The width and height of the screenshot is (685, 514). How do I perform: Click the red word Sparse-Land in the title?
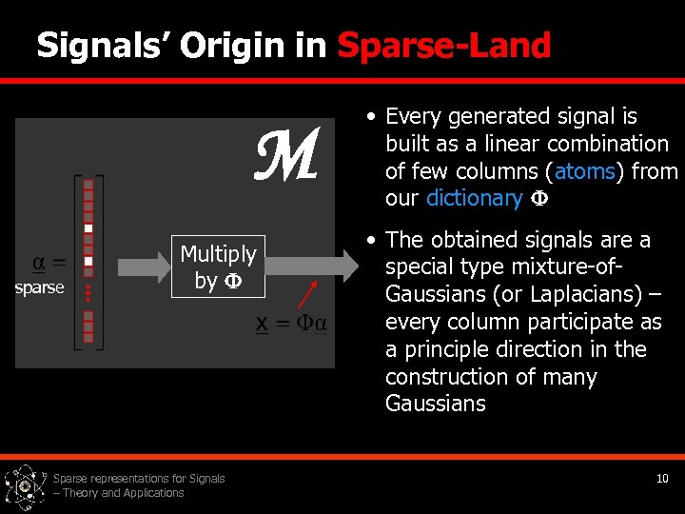pos(444,46)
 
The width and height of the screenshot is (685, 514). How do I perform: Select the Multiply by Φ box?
pos(218,267)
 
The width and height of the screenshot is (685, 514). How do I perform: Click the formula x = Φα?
pos(291,324)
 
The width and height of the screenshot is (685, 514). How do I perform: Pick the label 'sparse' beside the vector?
pos(40,287)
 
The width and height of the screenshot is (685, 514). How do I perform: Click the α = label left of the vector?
pos(49,262)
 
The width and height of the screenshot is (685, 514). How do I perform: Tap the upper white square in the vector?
pos(88,228)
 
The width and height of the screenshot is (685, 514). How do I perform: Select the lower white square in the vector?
pos(88,261)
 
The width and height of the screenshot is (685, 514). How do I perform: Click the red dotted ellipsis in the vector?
pos(88,292)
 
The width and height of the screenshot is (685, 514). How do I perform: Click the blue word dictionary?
pos(473,198)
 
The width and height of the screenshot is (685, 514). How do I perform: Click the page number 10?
pos(662,478)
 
